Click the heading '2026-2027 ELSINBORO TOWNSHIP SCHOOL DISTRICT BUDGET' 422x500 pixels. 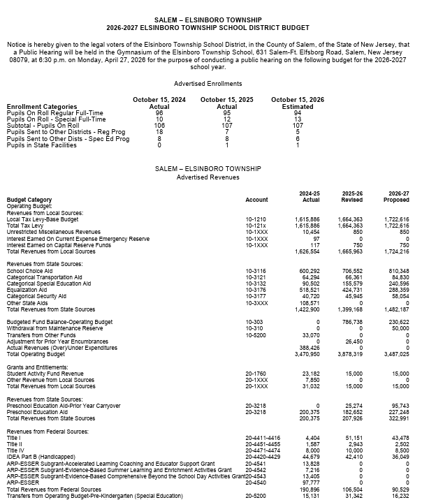pos(210,28)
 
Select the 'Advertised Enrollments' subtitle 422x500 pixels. pos(210,83)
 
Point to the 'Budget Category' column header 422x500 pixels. pos(29,200)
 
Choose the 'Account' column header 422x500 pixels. pos(256,200)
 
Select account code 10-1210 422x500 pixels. pos(255,219)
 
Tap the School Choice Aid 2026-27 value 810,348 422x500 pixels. pos(397,270)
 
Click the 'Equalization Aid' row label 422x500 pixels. pos(27,289)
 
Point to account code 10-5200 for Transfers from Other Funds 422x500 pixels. pos(255,335)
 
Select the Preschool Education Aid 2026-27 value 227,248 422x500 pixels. pos(397,412)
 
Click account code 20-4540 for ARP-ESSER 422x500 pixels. pos(255,483)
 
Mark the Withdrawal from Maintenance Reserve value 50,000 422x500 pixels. pos(399,328)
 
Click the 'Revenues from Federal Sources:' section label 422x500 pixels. pos(47,432)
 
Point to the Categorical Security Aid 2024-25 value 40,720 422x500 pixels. pos(309,295)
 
